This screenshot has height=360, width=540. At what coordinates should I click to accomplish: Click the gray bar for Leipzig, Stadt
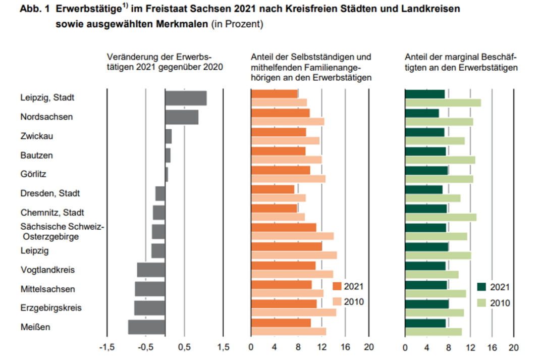pyautogui.click(x=186, y=98)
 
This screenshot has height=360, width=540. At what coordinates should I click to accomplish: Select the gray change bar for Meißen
pyautogui.click(x=146, y=327)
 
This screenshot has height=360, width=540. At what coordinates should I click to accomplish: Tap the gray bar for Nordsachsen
pyautogui.click(x=182, y=117)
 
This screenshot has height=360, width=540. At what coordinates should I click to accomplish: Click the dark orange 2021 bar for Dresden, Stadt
pyautogui.click(x=273, y=189)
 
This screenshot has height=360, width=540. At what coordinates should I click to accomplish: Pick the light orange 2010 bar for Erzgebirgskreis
pyautogui.click(x=293, y=312)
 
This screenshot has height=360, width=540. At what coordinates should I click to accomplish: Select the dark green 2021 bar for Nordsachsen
pyautogui.click(x=422, y=113)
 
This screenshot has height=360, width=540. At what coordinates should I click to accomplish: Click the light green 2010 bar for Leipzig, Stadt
pyautogui.click(x=443, y=103)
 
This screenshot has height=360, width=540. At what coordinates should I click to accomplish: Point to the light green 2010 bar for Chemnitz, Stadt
pyautogui.click(x=441, y=217)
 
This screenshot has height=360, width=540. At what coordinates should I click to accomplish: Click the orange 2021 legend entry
pyautogui.click(x=348, y=287)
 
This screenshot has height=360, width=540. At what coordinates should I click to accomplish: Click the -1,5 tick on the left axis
pyautogui.click(x=106, y=347)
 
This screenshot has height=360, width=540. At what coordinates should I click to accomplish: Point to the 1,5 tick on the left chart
pyautogui.click(x=223, y=347)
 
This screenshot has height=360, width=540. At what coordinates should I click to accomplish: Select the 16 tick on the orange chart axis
pyautogui.click(x=345, y=347)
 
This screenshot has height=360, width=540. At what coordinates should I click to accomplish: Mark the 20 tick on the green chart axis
pyautogui.click(x=513, y=347)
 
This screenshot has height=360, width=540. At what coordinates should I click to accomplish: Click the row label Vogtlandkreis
pyautogui.click(x=47, y=270)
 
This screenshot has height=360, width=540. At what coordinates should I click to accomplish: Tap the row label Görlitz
pyautogui.click(x=34, y=174)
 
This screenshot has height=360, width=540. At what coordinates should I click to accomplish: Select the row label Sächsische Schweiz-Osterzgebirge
pyautogui.click(x=62, y=231)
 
